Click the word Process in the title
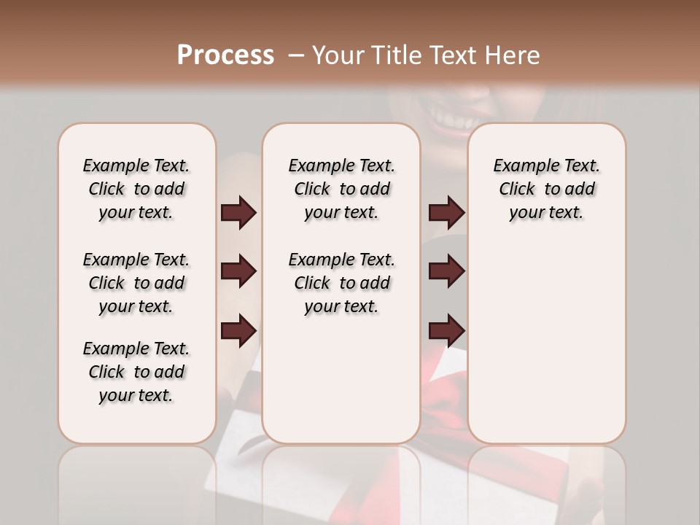coord(225,55)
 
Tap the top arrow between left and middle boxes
coord(238,213)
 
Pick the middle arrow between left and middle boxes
coord(238,271)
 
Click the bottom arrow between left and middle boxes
coord(238,331)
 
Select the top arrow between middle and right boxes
coord(446,213)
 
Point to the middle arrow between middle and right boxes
coord(446,271)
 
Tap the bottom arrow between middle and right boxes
coord(446,331)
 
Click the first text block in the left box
coord(136,189)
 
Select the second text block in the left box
coord(136,283)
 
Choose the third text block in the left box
coord(136,372)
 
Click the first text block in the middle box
coord(342,189)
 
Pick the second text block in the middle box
coord(342,283)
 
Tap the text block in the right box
coord(547,189)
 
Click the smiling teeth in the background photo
coord(446,114)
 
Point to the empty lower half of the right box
coord(547,350)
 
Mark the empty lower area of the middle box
coord(342,379)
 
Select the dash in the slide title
coord(295,55)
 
